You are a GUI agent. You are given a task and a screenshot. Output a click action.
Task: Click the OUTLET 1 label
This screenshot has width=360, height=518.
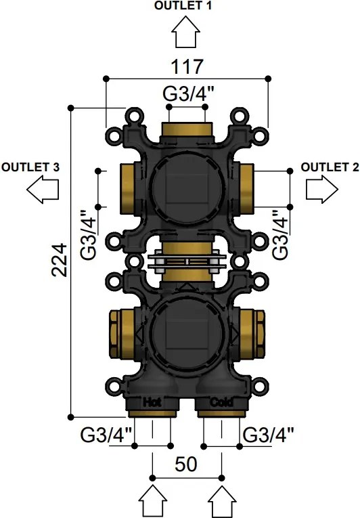coord(183,5)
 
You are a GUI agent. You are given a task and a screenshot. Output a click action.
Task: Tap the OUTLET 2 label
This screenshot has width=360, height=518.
coord(330,167)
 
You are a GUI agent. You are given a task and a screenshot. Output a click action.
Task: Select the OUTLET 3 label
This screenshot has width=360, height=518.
coord(30,167)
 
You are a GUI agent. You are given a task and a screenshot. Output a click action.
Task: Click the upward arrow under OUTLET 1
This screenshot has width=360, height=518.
coord(185,32)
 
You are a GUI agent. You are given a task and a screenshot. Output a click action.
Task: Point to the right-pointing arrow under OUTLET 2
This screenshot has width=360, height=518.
coord(322,190)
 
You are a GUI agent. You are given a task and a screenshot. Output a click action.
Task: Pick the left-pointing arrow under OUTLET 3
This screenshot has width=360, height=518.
coord(43,190)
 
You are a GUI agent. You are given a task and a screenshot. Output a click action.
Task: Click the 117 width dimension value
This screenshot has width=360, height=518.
coord(186,67)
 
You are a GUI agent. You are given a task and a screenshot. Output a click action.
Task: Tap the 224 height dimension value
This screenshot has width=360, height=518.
coord(60,260)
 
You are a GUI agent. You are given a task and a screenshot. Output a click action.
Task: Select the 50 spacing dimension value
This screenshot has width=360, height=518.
coord(186,464)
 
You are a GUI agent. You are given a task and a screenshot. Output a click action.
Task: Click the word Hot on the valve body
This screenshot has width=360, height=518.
coord(152,402)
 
